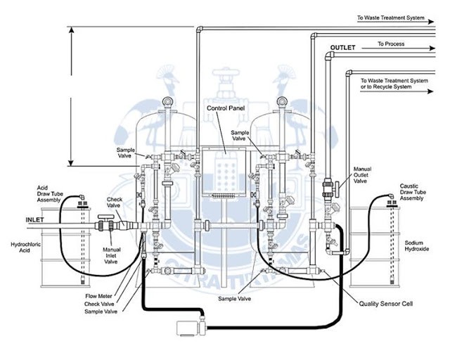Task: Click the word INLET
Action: pos(16,219)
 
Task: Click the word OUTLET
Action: pos(343,47)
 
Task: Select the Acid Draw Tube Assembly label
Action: pos(51,193)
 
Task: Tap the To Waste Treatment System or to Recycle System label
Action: pos(397,84)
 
